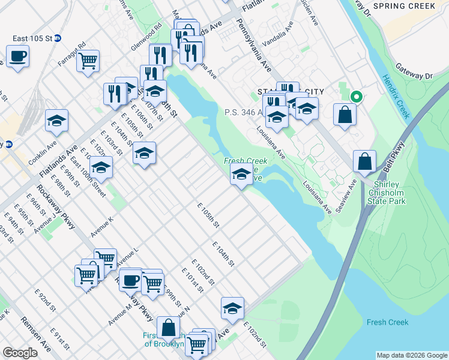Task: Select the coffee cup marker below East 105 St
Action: (17, 57)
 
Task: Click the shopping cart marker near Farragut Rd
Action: (88, 61)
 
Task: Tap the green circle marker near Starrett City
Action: (356, 96)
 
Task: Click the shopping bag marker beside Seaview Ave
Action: (364, 161)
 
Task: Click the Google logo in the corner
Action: (20, 353)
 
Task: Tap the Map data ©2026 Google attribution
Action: (412, 355)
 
